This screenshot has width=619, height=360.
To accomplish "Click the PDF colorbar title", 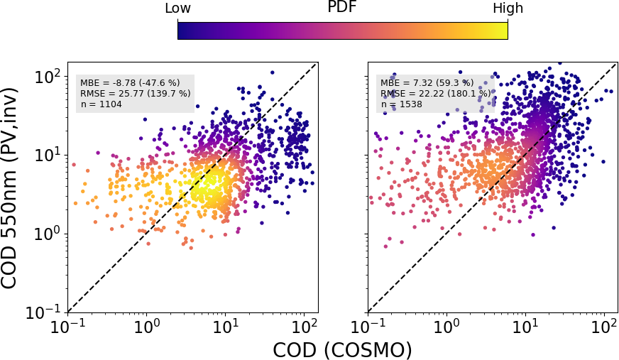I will [x=342, y=8].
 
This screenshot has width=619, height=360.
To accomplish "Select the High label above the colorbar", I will [x=508, y=9].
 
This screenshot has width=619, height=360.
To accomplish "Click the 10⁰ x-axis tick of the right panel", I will [x=446, y=327].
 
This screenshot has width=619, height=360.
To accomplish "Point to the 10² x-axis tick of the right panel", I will [x=603, y=327].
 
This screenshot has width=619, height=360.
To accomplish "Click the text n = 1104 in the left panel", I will [x=102, y=104].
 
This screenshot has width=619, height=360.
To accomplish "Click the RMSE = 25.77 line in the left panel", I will [x=135, y=93].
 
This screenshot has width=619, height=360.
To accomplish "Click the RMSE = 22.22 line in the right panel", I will [x=435, y=93].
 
